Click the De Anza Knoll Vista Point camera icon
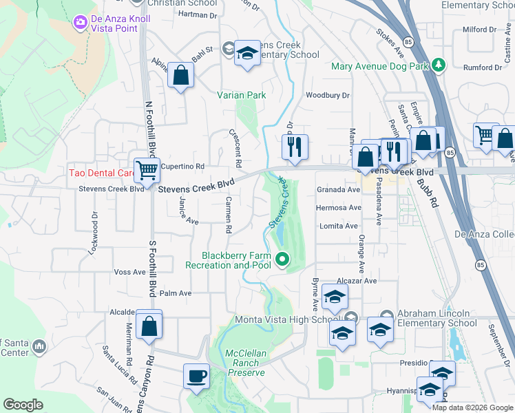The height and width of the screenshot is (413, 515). point(81,23)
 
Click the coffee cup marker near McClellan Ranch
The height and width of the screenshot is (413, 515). point(197,377)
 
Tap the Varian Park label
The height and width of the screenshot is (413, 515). point(242,95)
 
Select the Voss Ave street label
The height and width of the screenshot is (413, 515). point(129,272)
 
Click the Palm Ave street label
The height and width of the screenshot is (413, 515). point(176,293)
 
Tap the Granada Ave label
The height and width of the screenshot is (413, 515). point(339,189)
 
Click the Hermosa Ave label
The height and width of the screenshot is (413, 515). point(339,207)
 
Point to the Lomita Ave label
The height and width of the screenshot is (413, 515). point(339,226)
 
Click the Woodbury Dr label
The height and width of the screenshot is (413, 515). point(328,96)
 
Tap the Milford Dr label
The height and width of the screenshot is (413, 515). point(479,30)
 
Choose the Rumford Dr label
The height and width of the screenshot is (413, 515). point(483,67)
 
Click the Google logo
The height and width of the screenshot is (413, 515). point(23,405)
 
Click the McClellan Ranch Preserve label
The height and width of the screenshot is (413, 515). point(245,363)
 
